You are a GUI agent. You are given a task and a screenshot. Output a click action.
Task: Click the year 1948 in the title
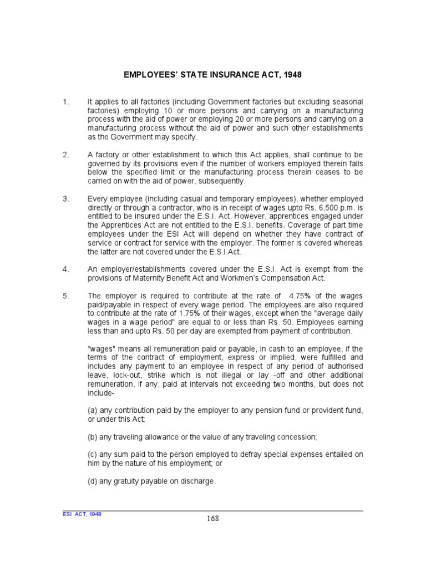click(292, 74)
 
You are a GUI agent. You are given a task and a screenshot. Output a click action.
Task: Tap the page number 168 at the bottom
click(213, 519)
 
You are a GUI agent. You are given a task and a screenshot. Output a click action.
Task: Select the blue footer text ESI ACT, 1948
click(82, 514)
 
